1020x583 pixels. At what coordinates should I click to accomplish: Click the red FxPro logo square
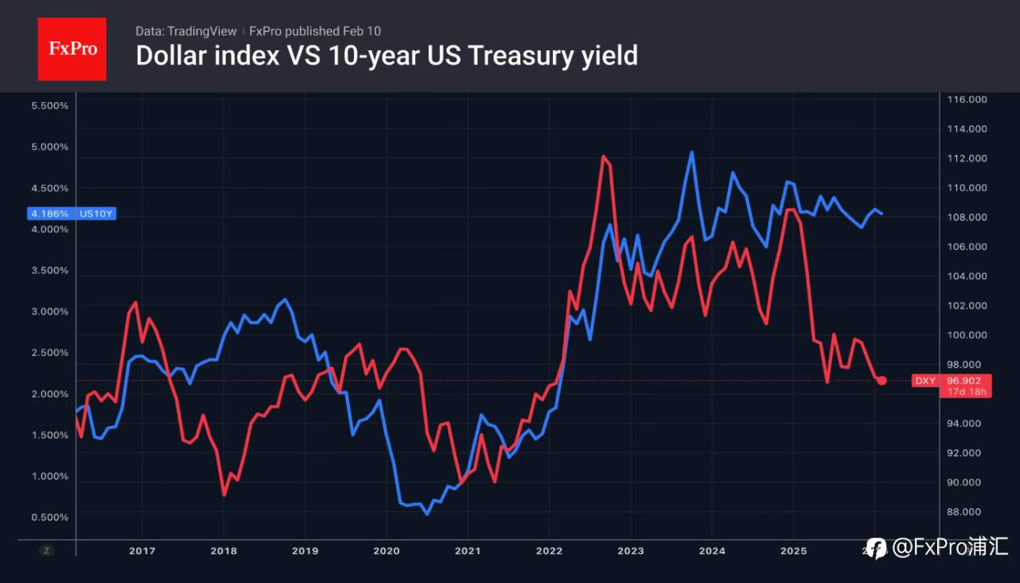pos(72,49)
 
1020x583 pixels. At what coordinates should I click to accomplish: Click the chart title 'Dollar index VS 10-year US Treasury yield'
pos(386,56)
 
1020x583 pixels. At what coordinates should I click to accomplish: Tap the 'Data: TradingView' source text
pos(186,31)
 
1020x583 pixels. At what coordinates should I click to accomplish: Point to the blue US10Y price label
pos(73,213)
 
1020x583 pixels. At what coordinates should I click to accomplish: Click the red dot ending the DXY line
pos(881,381)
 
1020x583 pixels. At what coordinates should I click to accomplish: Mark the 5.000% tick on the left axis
pos(49,147)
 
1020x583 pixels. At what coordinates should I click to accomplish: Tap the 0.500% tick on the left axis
pos(49,518)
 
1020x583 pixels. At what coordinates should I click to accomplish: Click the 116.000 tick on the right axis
pos(967,100)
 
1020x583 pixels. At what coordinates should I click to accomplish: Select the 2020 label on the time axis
pos(386,550)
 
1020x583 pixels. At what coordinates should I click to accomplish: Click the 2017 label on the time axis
pos(142,550)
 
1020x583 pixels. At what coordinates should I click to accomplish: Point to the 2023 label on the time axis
pos(630,550)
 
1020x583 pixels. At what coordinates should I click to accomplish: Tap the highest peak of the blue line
pos(691,152)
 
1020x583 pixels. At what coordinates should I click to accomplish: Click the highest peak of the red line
pos(603,157)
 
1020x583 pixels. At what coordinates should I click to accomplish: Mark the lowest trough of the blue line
pos(426,514)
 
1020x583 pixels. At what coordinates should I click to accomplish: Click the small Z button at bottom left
pos(47,550)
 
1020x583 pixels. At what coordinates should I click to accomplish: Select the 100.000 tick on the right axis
pos(967,335)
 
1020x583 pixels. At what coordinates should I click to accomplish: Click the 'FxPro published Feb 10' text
pos(315,31)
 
